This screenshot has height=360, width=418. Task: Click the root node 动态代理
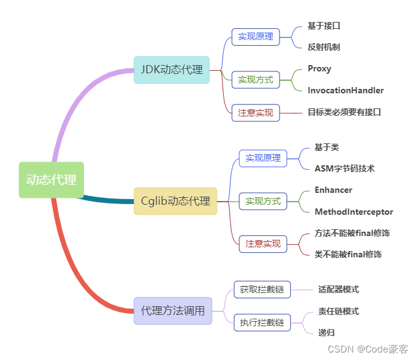click(51, 180)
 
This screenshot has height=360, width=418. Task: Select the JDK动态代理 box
click(171, 69)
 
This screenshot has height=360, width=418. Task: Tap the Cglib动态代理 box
click(175, 201)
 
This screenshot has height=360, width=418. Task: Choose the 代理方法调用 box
click(172, 311)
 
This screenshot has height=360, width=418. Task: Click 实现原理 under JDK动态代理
click(256, 36)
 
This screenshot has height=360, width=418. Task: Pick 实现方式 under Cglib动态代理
click(263, 201)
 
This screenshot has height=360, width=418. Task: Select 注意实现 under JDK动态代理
click(256, 113)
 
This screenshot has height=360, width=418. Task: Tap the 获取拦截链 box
click(262, 289)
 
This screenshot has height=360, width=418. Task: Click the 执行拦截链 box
click(262, 322)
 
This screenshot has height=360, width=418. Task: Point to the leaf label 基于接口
click(324, 26)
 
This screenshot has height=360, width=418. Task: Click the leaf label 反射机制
click(324, 47)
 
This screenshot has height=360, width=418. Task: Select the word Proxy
click(320, 68)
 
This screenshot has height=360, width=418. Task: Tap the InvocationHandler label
click(345, 90)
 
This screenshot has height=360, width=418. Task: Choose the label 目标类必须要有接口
click(344, 112)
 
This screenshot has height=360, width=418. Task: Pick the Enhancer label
click(333, 190)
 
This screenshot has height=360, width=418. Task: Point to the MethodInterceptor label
click(353, 212)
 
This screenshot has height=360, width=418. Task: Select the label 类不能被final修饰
click(348, 254)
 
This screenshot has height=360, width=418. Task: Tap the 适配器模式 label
click(338, 289)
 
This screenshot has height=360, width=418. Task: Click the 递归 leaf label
click(327, 332)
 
